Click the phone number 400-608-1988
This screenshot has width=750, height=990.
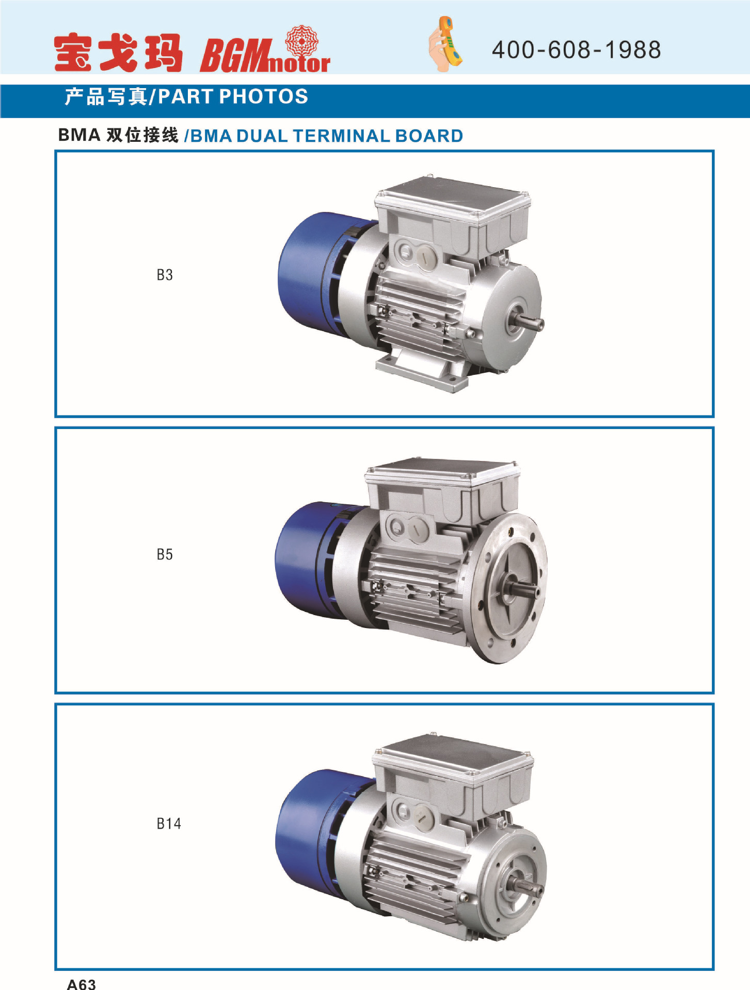point(576,50)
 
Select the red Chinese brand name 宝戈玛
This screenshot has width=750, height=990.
point(118,53)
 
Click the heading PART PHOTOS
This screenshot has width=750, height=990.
point(233,96)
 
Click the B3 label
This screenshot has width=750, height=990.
point(165,275)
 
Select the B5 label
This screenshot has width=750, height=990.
point(165,554)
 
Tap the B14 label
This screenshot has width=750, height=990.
point(169,823)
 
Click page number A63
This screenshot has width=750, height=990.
point(81,984)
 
